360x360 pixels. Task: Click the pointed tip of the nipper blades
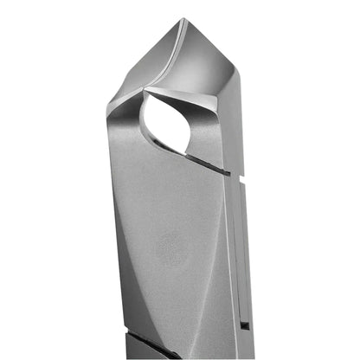click(181, 20)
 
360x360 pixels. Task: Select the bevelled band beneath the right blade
click(227, 121)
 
